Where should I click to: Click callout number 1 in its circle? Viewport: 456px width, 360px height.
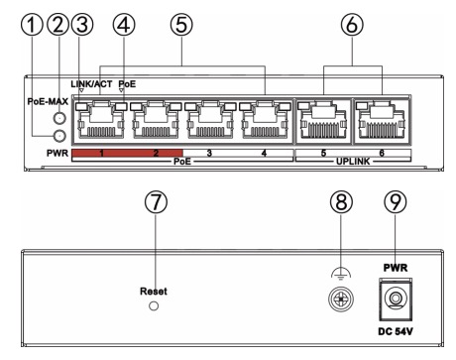pos(32,25)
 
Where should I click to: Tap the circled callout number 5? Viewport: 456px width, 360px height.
pos(181,25)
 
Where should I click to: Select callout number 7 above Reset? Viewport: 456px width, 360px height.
pos(156,201)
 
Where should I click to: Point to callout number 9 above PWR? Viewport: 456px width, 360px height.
pos(396,201)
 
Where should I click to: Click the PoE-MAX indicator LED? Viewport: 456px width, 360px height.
pos(59,118)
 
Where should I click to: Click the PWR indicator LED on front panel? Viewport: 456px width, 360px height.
pos(59,135)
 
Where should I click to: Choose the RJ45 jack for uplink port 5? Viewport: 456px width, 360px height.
pos(324,121)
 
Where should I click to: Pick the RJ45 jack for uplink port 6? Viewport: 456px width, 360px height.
pos(382,121)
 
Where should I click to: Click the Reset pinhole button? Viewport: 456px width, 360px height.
pos(154,305)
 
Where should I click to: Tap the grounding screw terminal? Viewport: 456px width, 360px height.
pos(341,300)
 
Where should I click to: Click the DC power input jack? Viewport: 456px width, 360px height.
pos(396,300)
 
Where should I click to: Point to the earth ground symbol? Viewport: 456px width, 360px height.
pos(341,274)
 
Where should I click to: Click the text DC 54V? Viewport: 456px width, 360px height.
pos(396,331)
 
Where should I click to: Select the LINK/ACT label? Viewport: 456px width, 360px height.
pos(91,84)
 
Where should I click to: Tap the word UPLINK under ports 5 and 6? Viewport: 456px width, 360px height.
pos(353,162)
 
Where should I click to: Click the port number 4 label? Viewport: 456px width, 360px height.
pos(264,153)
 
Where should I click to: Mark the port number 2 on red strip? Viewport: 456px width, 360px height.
pos(156,153)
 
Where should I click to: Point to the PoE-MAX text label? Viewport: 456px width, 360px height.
pos(48,101)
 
